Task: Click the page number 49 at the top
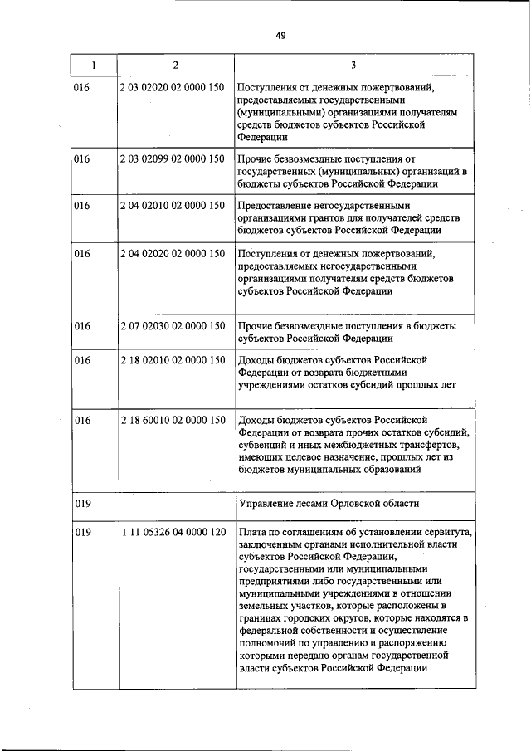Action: point(280,35)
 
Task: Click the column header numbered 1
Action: point(93,65)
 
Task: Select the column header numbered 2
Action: point(175,65)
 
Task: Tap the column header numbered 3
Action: point(353,65)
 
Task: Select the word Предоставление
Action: point(279,205)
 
